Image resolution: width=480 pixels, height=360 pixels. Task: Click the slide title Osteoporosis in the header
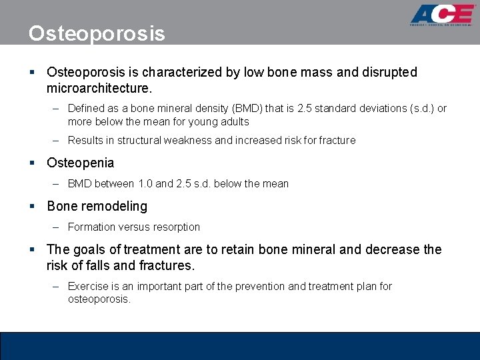pyautogui.click(x=97, y=33)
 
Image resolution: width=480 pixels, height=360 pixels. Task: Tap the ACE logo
pyautogui.click(x=441, y=16)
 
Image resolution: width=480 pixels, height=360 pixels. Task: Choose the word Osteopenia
pyautogui.click(x=80, y=163)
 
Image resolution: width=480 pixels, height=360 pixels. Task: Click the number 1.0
pyautogui.click(x=145, y=183)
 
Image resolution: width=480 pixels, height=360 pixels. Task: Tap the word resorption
pyautogui.click(x=174, y=227)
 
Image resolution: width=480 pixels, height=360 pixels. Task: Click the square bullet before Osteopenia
pyautogui.click(x=32, y=163)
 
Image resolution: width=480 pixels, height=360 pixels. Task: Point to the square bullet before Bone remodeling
pyautogui.click(x=32, y=206)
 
